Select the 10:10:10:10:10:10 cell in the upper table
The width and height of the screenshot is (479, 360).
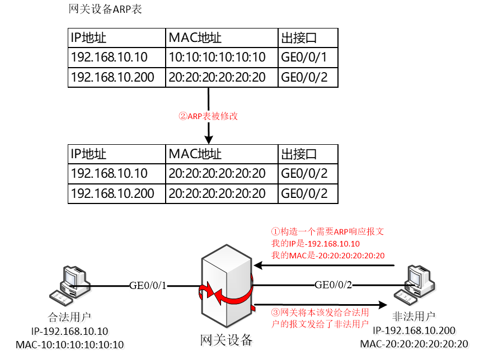tap(217, 57)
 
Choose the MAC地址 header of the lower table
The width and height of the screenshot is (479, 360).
tap(195, 154)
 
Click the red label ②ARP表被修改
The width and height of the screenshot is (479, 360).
tap(208, 116)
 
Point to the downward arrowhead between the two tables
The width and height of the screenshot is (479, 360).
tap(208, 138)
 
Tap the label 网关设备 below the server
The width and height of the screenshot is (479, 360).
tap(226, 340)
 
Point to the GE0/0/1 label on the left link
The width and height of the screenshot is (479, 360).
tap(148, 286)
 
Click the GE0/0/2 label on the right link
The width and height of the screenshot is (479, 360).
tap(334, 286)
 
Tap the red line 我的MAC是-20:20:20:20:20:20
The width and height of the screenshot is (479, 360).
tap(328, 256)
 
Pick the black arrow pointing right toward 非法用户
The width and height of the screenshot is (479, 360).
tap(319, 305)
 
